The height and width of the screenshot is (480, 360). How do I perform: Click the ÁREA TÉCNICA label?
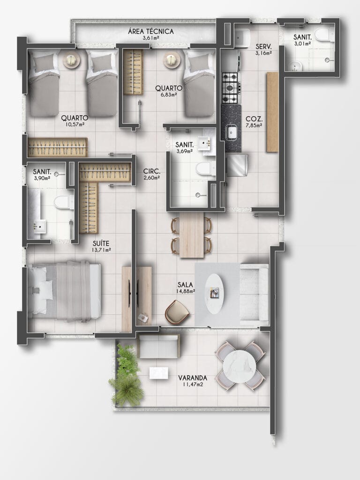151,31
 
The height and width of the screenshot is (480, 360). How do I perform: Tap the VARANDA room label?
193,378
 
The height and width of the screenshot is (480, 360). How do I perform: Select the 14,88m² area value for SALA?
186,291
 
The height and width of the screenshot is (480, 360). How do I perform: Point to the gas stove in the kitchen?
231,88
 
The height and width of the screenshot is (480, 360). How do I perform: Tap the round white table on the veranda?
239,366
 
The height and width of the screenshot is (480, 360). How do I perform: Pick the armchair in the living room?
177,311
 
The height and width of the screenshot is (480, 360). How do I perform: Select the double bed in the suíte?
65,291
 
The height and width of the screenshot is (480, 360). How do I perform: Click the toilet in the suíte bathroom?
64,202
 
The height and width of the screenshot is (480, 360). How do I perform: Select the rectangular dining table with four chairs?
192,235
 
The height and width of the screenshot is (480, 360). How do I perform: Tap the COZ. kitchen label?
254,119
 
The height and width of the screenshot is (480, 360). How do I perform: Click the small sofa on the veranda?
159,347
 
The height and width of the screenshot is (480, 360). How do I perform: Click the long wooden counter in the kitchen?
272,112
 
